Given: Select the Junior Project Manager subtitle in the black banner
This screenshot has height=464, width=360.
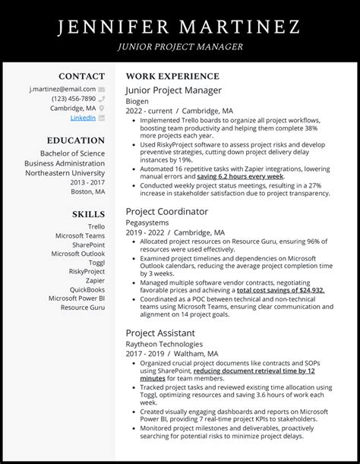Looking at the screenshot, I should coord(180,46).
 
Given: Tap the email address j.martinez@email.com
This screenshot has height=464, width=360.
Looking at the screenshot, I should coord(63,89).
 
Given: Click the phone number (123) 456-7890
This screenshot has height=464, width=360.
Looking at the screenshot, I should coord(74,99).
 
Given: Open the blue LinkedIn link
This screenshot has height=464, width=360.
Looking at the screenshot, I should coord(83,118).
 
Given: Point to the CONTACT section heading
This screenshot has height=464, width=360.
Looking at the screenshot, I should coord(82,76).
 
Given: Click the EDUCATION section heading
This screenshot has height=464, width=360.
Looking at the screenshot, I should coord(75,140).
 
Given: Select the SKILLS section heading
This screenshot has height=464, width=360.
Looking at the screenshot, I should coord(89,214).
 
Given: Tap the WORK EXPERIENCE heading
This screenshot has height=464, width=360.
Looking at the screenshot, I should coord(172,77).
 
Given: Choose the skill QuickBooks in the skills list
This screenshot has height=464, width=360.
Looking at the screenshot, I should coord(87,289).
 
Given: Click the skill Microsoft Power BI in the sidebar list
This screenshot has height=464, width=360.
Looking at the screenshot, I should coord(77,298).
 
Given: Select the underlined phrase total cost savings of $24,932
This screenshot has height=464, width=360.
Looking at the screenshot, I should coord(280,290).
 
